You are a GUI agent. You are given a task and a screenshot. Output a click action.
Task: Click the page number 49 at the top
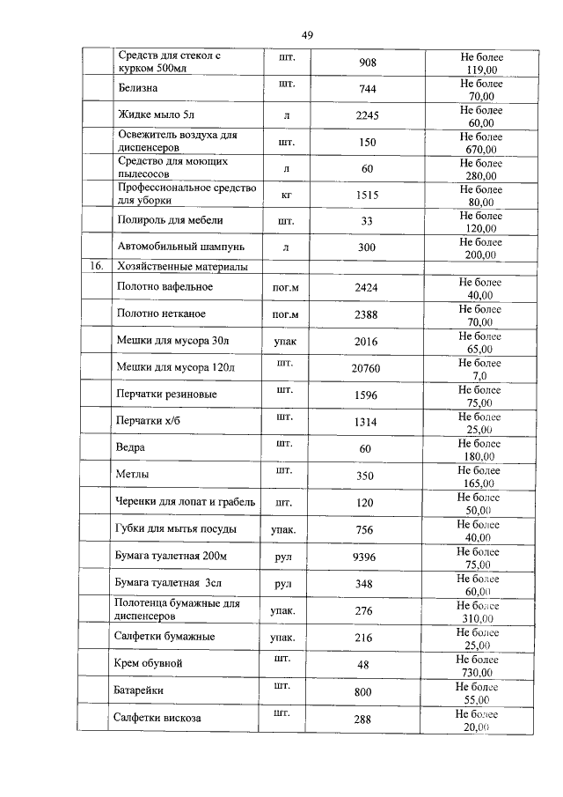click(x=307, y=35)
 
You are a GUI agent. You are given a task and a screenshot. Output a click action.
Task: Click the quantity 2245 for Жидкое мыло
click(x=367, y=116)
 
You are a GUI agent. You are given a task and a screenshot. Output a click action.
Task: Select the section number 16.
click(x=96, y=266)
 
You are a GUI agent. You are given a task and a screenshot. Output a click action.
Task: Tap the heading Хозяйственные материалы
click(x=182, y=266)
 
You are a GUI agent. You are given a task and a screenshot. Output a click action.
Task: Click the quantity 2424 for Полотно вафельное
click(x=366, y=288)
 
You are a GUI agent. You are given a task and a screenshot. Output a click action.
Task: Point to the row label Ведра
click(x=131, y=448)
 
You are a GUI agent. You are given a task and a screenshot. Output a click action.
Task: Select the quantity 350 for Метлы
click(x=366, y=476)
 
